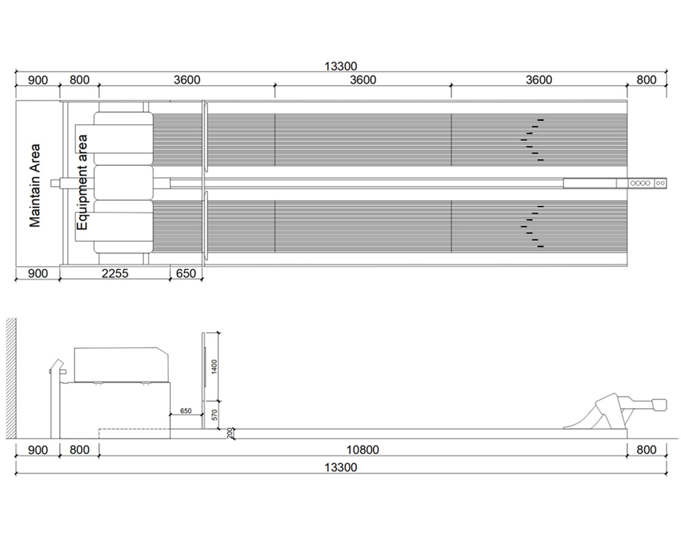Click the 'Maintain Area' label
click(35, 186)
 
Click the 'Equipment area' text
click(82, 182)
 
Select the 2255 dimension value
click(114, 273)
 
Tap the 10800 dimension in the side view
click(363, 450)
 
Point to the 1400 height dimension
click(214, 367)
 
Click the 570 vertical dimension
click(214, 415)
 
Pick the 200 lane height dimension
click(229, 433)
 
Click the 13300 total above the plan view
click(341, 67)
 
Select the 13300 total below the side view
click(341, 467)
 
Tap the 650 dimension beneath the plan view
click(186, 273)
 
